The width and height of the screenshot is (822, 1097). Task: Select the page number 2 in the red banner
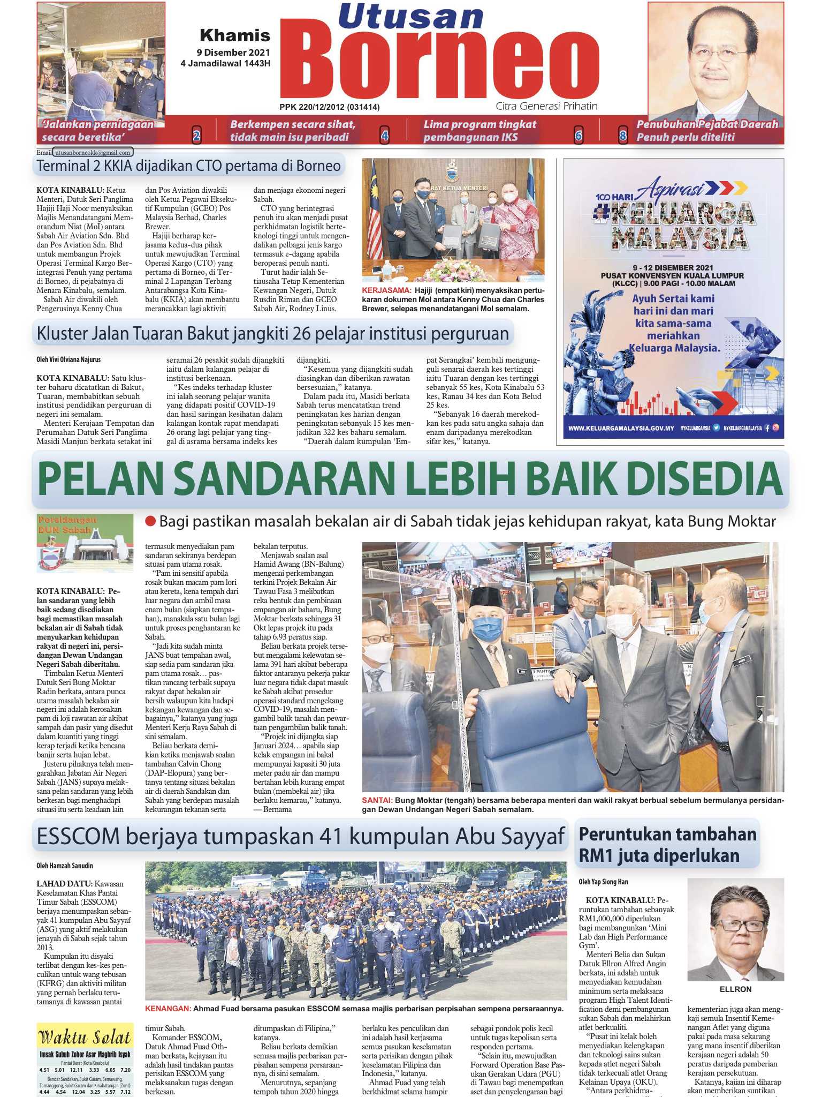coord(196,136)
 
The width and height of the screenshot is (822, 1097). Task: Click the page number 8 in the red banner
coord(622,136)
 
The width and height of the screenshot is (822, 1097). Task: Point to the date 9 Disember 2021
coord(233,53)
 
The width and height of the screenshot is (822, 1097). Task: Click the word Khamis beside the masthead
coord(235,36)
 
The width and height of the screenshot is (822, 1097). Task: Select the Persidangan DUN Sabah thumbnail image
coord(85,543)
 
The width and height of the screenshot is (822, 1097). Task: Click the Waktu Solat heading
coord(85,1038)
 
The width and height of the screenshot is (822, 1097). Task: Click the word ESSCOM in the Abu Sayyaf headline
coord(77,835)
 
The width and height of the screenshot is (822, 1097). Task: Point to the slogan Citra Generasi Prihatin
coord(546,106)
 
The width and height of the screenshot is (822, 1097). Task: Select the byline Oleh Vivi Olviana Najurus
coord(68,359)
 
